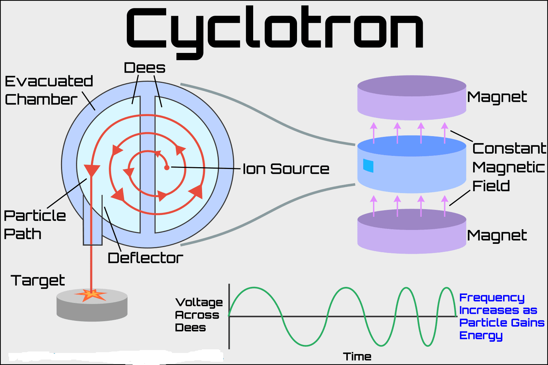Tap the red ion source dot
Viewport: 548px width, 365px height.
167,168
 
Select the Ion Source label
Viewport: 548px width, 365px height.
286,169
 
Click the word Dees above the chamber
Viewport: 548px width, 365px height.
145,68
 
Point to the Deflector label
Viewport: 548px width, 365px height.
145,258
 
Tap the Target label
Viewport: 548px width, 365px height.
38,281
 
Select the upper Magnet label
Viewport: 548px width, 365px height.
497,97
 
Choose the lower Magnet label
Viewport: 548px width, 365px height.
497,235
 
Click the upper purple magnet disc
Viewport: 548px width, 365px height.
412,98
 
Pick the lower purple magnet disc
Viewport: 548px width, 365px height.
412,232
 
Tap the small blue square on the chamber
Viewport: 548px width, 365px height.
368,165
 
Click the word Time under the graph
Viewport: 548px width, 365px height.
357,357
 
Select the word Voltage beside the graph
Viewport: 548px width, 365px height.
199,302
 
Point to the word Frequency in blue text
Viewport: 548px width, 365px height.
492,298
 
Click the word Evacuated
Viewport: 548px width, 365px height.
49,81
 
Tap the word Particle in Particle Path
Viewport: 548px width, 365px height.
35,216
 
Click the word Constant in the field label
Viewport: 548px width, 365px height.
509,149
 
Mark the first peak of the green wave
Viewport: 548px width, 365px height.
255,288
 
